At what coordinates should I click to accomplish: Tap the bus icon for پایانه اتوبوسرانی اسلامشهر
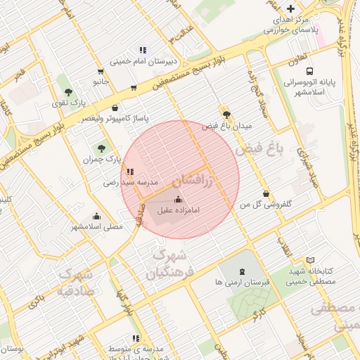[x=309, y=71]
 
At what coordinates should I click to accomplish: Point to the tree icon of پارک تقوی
[x=68, y=92]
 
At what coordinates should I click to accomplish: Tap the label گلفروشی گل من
[x=266, y=205]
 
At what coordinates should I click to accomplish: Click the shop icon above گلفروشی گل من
[x=265, y=193]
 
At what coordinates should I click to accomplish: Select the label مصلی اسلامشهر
[x=96, y=226]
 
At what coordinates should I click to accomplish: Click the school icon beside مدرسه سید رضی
[x=129, y=171]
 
